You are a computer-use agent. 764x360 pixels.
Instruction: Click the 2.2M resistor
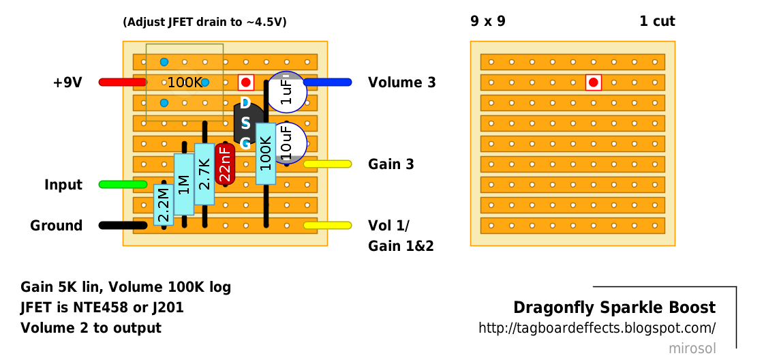164,205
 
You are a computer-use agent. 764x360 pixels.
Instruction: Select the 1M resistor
184,184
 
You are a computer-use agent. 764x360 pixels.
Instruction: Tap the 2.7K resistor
204,174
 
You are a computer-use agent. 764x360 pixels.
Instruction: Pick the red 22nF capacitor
225,164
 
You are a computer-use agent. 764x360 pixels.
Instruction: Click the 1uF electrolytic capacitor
286,92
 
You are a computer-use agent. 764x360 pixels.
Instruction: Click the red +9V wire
122,82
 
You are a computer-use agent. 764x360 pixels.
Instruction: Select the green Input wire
122,185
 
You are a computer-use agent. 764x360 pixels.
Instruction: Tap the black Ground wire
122,225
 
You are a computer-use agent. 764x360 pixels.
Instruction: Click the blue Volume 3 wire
327,82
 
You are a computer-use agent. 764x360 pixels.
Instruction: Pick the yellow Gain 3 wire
327,164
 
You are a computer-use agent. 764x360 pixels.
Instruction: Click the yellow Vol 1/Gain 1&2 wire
327,225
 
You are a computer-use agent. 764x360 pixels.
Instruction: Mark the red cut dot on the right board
593,82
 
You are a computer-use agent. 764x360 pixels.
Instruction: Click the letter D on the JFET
245,103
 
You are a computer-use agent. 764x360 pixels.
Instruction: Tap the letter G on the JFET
245,144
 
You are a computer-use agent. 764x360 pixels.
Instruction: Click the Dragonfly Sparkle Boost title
615,307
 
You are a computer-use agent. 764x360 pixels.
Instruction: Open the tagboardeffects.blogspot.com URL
597,328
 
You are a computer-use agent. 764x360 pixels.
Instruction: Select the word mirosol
692,348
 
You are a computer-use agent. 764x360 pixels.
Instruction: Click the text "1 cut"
657,21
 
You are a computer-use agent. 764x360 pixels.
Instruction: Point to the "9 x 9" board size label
488,21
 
